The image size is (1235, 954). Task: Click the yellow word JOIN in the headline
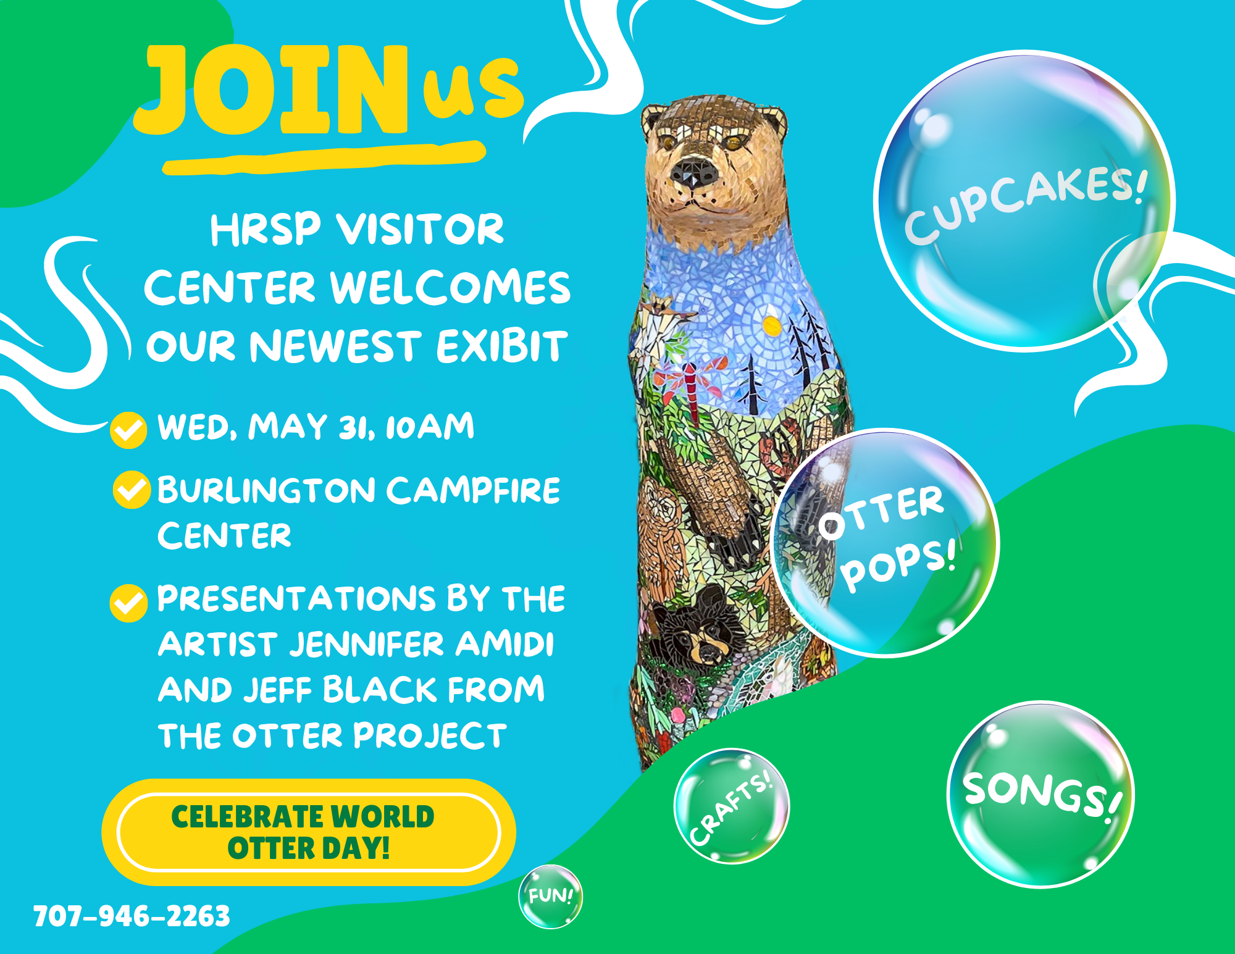coord(272,90)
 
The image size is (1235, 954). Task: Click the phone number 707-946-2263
coord(132,916)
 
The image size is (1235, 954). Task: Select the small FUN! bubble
coord(550,897)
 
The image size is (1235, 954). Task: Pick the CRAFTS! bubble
coord(732,806)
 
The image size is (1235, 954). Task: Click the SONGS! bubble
coord(1041,795)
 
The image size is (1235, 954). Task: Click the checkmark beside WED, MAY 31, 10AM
coord(128,430)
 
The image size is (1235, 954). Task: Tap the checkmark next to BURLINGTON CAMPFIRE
coord(132,490)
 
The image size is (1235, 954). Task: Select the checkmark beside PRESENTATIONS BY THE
coord(128,603)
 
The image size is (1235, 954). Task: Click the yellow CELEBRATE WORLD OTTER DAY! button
coord(309,832)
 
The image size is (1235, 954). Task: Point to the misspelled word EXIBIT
coord(501,346)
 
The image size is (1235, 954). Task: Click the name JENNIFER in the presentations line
coord(367,644)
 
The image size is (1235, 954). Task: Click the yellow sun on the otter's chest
coord(771,325)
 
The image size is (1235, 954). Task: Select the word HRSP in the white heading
coord(266,230)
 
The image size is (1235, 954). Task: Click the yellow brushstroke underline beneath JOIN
coord(324,158)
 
